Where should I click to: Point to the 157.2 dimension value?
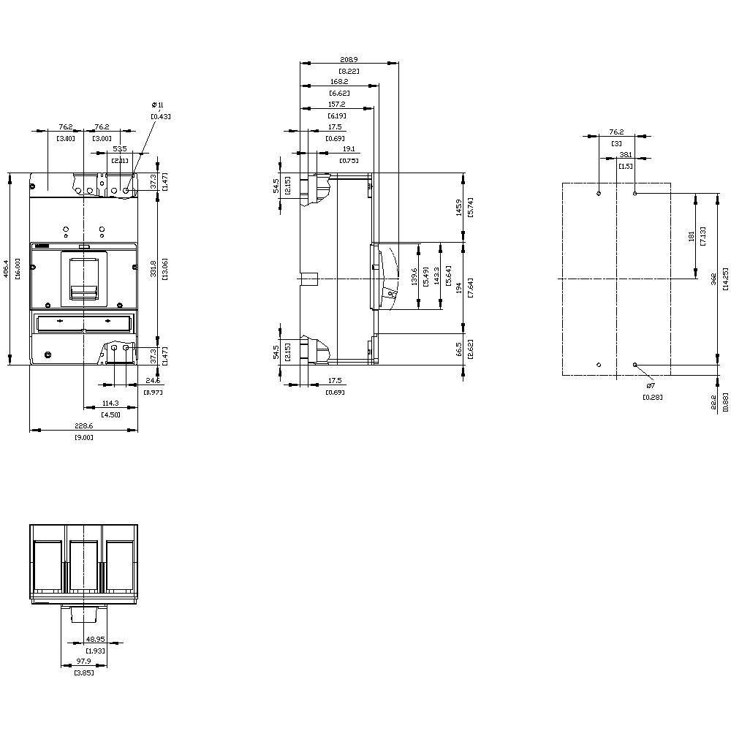(x=337, y=104)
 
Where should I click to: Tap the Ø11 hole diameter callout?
(x=158, y=105)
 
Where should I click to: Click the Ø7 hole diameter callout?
(x=650, y=385)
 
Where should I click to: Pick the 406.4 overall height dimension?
(x=6, y=268)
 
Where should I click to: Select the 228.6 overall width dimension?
(x=84, y=425)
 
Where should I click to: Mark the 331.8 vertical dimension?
(x=153, y=268)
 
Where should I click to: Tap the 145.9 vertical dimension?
(x=458, y=208)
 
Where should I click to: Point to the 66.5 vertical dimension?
(x=458, y=349)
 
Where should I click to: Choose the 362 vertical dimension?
(x=714, y=279)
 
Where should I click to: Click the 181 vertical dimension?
(x=691, y=236)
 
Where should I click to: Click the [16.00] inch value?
(x=16, y=268)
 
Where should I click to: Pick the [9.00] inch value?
(x=84, y=436)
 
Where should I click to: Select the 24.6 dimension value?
(x=153, y=381)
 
